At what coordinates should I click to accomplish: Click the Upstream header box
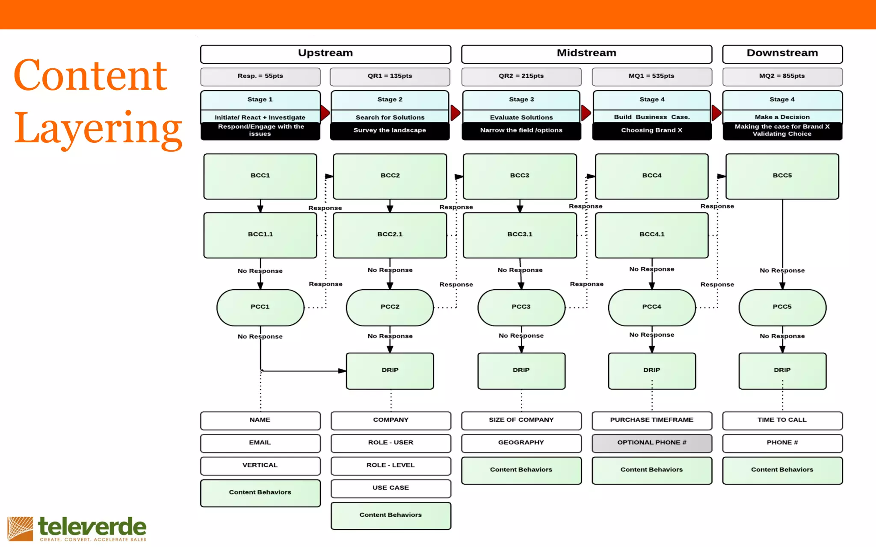pyautogui.click(x=326, y=54)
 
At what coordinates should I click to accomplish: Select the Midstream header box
pyautogui.click(x=586, y=54)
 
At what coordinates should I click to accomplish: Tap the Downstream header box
pyautogui.click(x=782, y=54)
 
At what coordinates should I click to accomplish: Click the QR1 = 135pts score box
pyautogui.click(x=390, y=76)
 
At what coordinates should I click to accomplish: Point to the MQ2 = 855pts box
pyautogui.click(x=782, y=76)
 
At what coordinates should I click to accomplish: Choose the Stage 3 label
pyautogui.click(x=521, y=100)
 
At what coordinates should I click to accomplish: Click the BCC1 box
pyautogui.click(x=260, y=176)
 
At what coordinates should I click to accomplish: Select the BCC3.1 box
pyautogui.click(x=520, y=235)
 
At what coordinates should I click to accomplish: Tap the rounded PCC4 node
pyautogui.click(x=651, y=307)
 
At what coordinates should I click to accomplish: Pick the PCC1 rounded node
pyautogui.click(x=260, y=307)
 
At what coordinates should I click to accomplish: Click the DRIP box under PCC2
pyautogui.click(x=390, y=371)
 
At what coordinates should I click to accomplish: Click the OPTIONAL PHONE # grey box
pyautogui.click(x=651, y=443)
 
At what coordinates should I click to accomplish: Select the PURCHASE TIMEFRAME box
pyautogui.click(x=651, y=421)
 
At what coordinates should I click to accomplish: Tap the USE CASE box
pyautogui.click(x=391, y=488)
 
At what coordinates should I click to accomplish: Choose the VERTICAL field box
pyautogui.click(x=260, y=466)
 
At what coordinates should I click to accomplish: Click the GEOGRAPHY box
pyautogui.click(x=521, y=443)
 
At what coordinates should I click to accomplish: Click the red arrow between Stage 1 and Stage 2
pyautogui.click(x=325, y=113)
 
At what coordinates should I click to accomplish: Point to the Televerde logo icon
pyautogui.click(x=20, y=529)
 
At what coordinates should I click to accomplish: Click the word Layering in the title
pyautogui.click(x=98, y=128)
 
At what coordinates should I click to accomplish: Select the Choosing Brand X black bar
pyautogui.click(x=651, y=131)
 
